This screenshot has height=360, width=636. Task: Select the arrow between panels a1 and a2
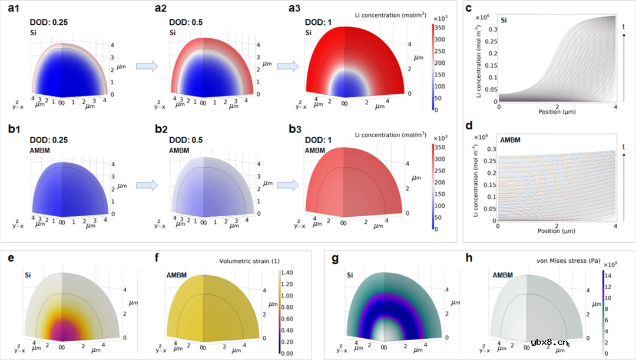(x=146, y=67)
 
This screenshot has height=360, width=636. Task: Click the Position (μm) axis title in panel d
(x=556, y=230)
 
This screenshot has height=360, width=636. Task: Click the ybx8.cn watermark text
(x=548, y=341)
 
